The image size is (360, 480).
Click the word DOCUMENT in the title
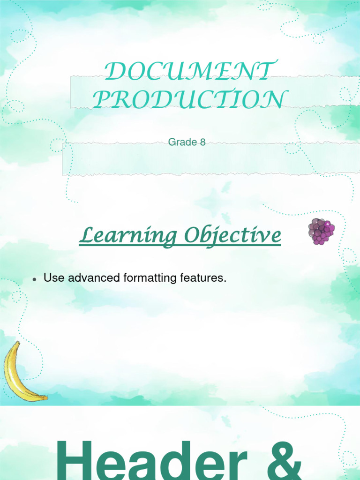(188, 72)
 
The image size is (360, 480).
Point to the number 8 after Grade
(202, 142)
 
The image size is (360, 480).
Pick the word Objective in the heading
(232, 236)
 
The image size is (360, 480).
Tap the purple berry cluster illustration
(321, 231)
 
